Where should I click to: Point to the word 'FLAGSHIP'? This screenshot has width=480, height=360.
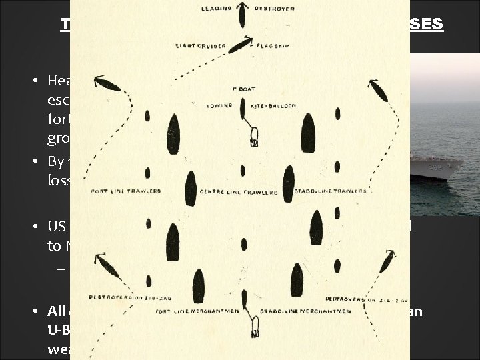271,46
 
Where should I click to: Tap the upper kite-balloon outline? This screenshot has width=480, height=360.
253,138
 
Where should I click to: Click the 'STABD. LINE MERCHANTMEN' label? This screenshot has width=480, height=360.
295,309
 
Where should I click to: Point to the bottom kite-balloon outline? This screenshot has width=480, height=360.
253,326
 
